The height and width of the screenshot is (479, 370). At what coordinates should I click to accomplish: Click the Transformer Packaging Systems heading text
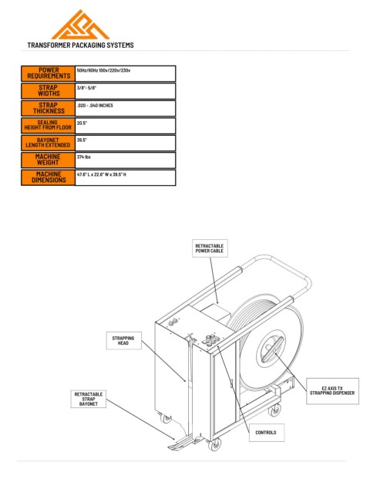(81, 46)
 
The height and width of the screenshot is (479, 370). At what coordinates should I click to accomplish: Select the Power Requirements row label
(49, 73)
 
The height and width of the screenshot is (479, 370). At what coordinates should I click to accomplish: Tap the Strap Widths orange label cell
(49, 91)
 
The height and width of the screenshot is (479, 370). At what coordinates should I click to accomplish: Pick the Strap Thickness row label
(49, 108)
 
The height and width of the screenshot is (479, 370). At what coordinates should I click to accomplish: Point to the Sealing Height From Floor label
(49, 125)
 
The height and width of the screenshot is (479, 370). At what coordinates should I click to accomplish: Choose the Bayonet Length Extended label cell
(49, 143)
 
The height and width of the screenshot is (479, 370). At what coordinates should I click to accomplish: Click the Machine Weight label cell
(49, 160)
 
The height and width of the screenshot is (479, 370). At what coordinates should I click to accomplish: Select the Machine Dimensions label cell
(49, 177)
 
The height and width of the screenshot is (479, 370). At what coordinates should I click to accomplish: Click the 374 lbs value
(84, 157)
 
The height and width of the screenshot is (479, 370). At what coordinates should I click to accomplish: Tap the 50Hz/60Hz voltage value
(103, 70)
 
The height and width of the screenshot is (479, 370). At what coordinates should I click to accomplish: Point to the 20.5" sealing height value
(82, 123)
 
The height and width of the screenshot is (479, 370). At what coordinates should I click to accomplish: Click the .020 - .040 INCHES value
(95, 106)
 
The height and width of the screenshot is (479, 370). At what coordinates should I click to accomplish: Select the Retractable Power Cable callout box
(210, 248)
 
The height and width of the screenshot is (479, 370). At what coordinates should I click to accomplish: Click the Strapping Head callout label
(123, 340)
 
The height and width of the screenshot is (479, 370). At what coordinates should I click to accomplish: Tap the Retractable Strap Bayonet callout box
(89, 399)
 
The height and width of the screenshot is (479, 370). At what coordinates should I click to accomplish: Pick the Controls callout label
(266, 433)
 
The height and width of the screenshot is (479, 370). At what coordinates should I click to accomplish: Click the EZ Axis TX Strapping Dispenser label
(332, 391)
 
